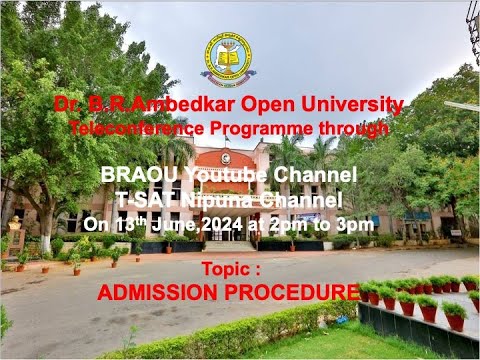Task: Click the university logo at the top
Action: (x=228, y=56)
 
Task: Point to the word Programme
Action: (x=260, y=128)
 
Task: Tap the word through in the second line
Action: (x=356, y=128)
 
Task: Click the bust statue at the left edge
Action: (x=14, y=224)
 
